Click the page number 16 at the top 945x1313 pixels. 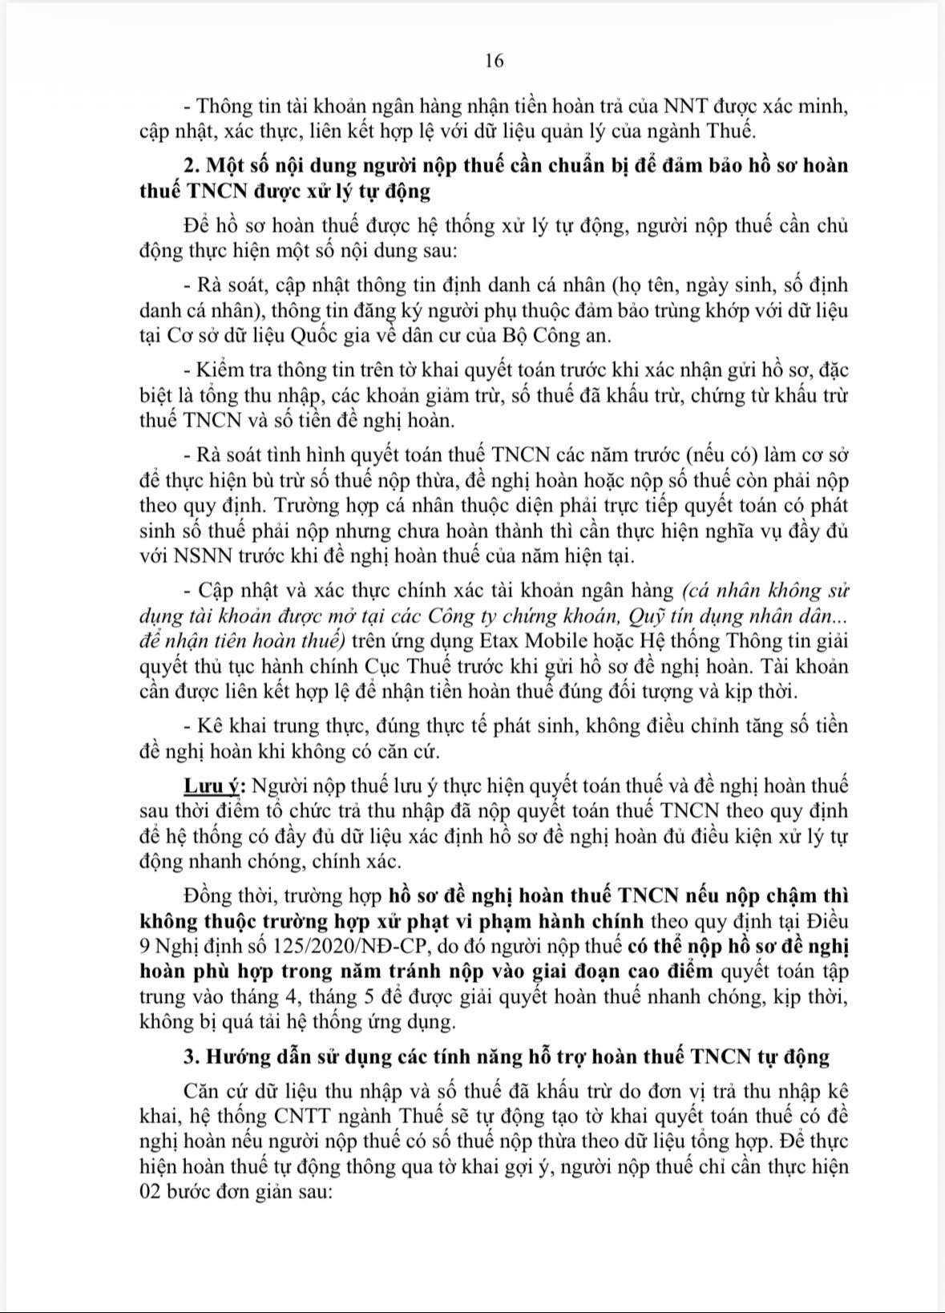494,61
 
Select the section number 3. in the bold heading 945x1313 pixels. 191,1056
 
